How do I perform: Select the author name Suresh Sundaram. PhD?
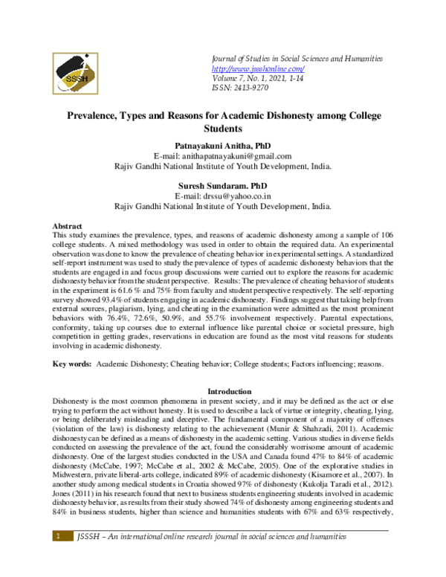click(x=222, y=186)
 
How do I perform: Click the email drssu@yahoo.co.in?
click(x=222, y=196)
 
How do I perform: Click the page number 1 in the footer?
click(x=56, y=556)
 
